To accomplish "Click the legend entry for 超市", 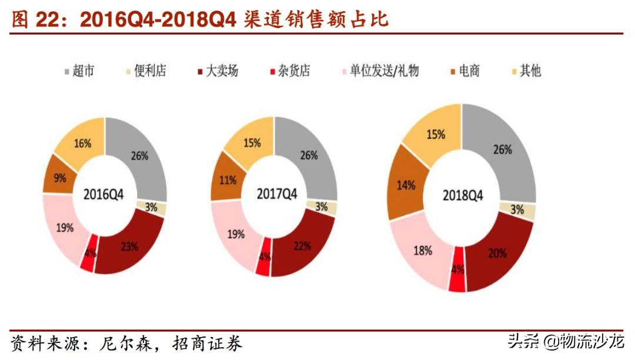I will click(x=79, y=71).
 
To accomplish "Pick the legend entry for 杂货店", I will click(x=288, y=71).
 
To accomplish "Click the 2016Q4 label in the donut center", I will click(x=105, y=195).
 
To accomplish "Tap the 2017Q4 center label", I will click(x=274, y=194).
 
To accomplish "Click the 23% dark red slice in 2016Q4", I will click(x=130, y=246).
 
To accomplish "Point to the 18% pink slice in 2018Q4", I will click(x=422, y=251).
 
